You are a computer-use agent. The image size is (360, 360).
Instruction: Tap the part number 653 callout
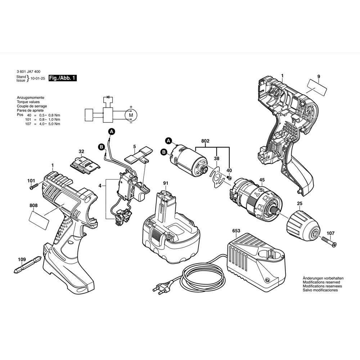(x=236, y=231)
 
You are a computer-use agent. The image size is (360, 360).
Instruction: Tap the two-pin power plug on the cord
(x=159, y=288)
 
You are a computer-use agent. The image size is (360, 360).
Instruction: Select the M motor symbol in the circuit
(x=131, y=115)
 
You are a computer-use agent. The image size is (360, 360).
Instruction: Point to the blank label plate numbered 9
(x=317, y=87)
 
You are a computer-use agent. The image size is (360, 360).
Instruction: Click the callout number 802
(x=206, y=141)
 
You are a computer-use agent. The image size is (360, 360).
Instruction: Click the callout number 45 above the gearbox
(x=262, y=180)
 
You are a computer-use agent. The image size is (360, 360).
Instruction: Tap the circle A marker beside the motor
(x=168, y=140)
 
